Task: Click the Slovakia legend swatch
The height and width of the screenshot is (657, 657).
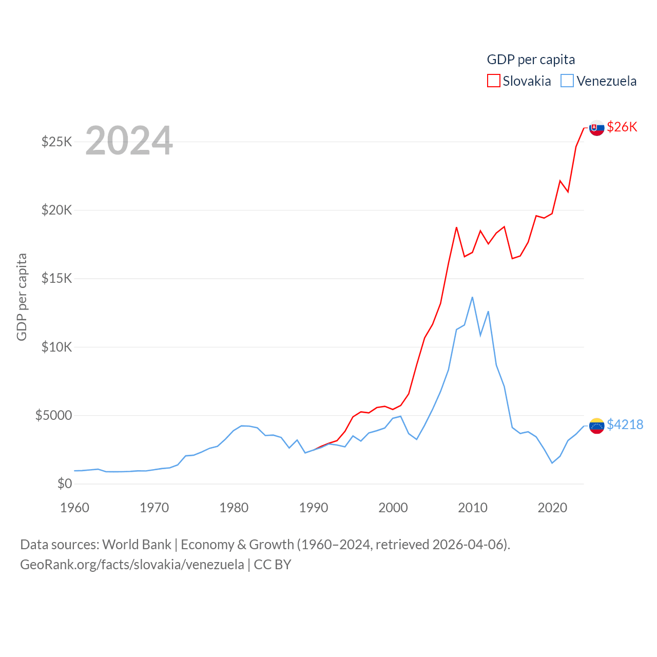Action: [493, 81]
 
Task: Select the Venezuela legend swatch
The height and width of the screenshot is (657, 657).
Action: [567, 81]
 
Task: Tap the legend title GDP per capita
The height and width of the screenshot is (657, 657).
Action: [531, 60]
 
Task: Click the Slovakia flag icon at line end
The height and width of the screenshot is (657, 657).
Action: [596, 128]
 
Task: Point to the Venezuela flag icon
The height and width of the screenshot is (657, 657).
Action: [596, 426]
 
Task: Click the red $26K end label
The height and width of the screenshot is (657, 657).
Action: [622, 127]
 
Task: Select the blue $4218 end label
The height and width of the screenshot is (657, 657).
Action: [625, 424]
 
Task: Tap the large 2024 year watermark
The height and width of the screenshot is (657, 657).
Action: [129, 141]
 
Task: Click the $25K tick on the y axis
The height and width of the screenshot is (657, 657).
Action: [56, 142]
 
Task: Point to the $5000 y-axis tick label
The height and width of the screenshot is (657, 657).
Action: [53, 415]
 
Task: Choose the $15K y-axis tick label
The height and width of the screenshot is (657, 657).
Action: [56, 278]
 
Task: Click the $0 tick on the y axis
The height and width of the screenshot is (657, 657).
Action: [64, 484]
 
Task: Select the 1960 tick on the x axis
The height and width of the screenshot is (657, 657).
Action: [75, 508]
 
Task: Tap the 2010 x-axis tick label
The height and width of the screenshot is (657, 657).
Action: [472, 508]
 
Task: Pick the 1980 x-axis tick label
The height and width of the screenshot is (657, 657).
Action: [234, 508]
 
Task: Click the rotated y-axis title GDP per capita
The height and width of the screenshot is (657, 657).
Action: [22, 297]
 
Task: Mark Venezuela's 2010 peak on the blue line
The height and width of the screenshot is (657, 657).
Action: [472, 297]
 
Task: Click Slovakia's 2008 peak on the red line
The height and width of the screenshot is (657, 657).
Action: [456, 227]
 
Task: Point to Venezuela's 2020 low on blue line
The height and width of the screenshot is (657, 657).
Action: [552, 463]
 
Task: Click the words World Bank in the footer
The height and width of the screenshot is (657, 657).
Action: [137, 544]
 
